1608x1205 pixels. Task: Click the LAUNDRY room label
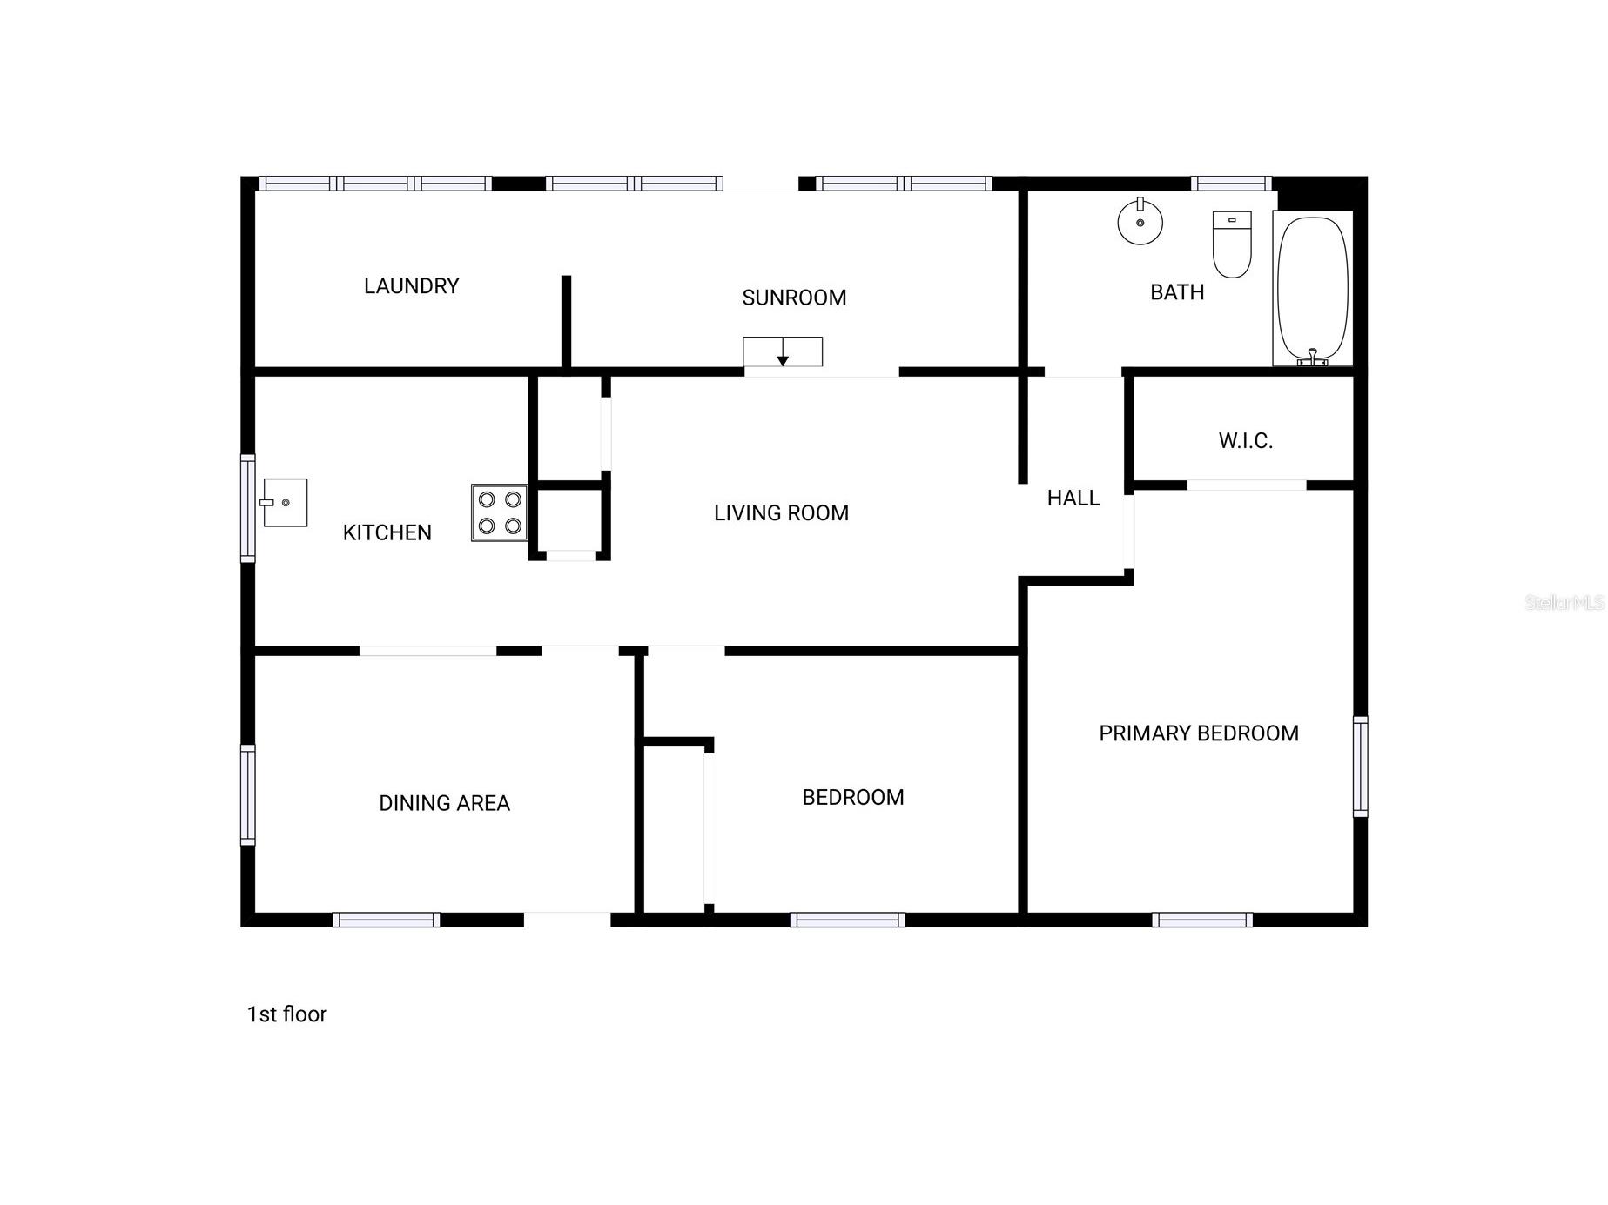[411, 286]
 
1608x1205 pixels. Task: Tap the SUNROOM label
[794, 298]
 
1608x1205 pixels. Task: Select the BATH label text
[1177, 292]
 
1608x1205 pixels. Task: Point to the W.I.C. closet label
[1246, 441]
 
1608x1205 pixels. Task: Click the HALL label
[1073, 498]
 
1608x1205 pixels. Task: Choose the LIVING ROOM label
[781, 513]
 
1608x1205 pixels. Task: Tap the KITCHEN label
[387, 532]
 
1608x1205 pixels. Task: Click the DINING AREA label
[444, 803]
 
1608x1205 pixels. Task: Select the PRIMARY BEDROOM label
[1199, 733]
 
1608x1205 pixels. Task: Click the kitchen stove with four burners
[500, 512]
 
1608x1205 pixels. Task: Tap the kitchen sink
[285, 502]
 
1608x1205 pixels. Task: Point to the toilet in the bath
[1232, 244]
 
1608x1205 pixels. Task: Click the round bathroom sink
[1140, 222]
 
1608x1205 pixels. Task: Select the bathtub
[1313, 289]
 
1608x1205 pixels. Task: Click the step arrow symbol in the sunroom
[783, 351]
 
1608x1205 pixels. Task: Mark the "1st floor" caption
[286, 1014]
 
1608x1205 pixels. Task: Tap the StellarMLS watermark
[1564, 602]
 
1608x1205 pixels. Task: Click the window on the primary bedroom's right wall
[1360, 767]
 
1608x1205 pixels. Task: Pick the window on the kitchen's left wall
[248, 508]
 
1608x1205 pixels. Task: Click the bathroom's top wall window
[1231, 184]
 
